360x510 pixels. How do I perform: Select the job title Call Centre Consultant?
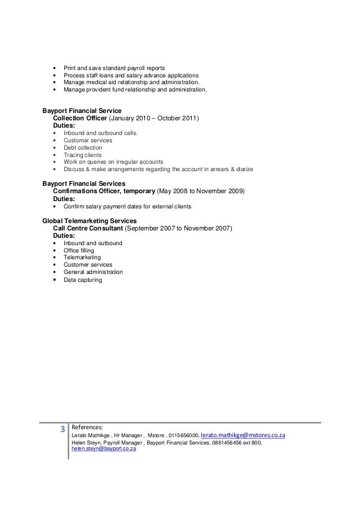[86, 228]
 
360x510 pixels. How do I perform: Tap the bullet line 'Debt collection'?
[83, 147]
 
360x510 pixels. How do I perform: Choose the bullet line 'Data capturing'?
[82, 280]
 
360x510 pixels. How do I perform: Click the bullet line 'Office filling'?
[78, 250]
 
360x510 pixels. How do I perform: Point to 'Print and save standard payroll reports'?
[114, 68]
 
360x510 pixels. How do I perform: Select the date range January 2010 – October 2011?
[153, 118]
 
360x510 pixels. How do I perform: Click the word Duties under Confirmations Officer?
[63, 199]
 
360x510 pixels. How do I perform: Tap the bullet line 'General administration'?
[93, 272]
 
